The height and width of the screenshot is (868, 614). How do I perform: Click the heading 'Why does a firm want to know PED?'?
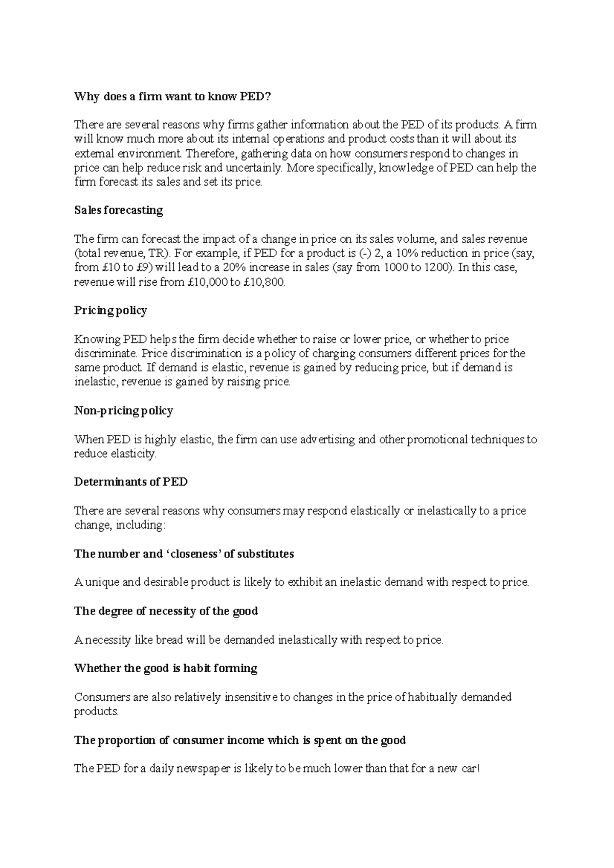point(172,96)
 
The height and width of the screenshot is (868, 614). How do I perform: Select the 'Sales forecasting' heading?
point(118,211)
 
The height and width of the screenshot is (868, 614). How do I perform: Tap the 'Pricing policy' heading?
point(110,311)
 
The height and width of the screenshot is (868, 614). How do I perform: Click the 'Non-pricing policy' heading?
point(123,411)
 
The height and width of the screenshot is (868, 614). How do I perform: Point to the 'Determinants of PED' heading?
point(130,482)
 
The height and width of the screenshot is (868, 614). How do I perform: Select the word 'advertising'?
point(327,440)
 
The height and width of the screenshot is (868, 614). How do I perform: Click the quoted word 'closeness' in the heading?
point(194,554)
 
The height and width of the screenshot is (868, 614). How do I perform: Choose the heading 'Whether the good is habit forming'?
point(165,669)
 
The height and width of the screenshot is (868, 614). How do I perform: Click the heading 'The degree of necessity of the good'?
point(166,611)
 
